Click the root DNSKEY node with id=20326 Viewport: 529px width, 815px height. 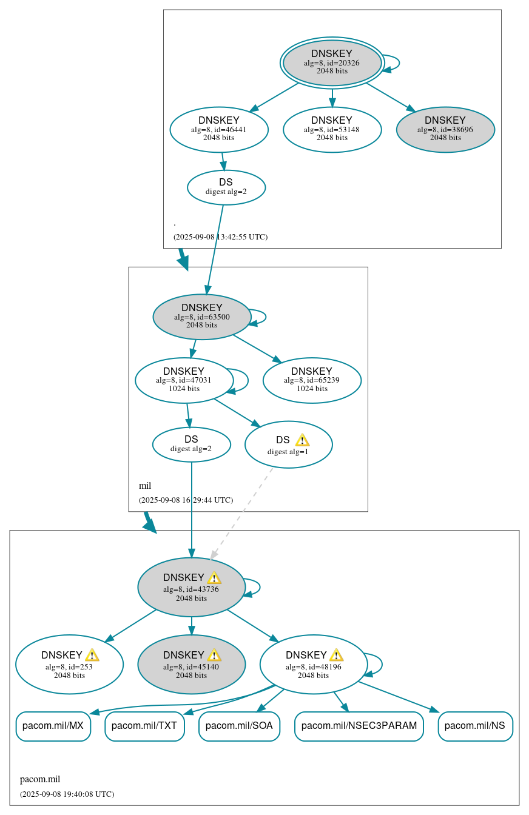click(332, 62)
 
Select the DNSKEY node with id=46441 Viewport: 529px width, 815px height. click(219, 129)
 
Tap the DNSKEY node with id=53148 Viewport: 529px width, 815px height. click(332, 129)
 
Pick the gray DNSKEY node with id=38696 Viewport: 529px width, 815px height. click(445, 129)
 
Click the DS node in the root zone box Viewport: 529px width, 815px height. click(226, 187)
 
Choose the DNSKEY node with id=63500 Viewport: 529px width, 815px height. click(202, 317)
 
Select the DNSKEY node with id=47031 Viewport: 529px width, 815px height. click(184, 380)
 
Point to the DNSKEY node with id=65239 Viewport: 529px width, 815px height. click(312, 380)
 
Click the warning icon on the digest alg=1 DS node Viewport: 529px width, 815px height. click(302, 440)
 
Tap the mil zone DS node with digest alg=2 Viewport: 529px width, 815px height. click(191, 444)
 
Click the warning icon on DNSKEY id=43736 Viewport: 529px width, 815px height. click(214, 578)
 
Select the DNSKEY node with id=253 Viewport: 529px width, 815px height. click(69, 664)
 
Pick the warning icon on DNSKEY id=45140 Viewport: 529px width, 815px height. click(214, 655)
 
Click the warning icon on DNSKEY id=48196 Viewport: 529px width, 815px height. click(336, 655)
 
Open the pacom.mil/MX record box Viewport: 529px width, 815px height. click(53, 726)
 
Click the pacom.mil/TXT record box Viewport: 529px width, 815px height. click(144, 726)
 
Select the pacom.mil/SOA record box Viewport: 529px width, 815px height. click(239, 726)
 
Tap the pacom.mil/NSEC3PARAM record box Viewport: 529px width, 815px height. click(359, 726)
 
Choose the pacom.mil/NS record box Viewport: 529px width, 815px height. click(475, 726)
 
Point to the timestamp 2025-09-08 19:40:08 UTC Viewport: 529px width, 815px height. click(67, 794)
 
